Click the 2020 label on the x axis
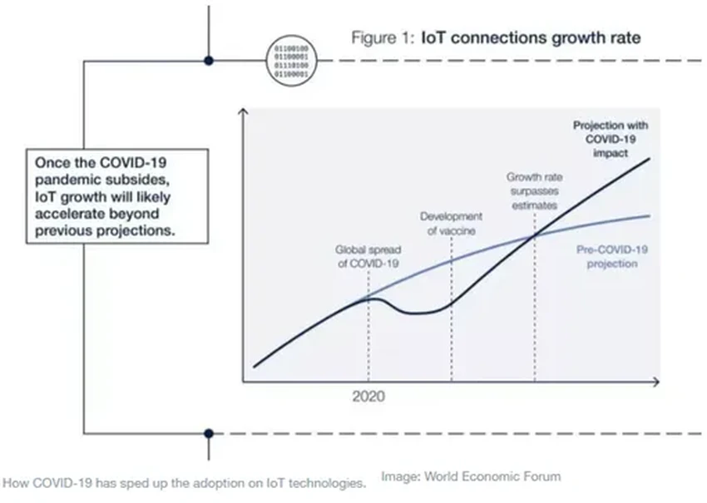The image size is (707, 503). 368,397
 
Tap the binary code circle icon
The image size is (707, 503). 291,60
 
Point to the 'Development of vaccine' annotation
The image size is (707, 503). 450,224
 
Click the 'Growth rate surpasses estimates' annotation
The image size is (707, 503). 533,190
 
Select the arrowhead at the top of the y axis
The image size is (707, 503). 242,111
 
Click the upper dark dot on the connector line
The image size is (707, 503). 209,60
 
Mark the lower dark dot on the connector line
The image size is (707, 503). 209,433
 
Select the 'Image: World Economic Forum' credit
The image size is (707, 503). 471,476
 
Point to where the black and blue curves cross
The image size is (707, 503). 533,237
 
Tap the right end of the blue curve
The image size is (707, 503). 648,215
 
